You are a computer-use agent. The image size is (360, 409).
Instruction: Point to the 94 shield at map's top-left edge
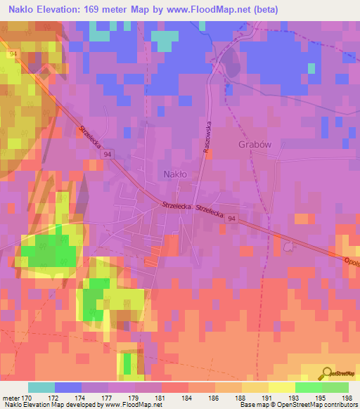[x=13, y=53]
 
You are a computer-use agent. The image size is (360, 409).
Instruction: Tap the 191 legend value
[x=267, y=397]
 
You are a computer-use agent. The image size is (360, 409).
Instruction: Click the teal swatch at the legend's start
[x=41, y=387]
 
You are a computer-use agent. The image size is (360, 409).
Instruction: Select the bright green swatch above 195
[x=308, y=387]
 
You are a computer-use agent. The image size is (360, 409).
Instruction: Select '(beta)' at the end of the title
[x=264, y=9]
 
